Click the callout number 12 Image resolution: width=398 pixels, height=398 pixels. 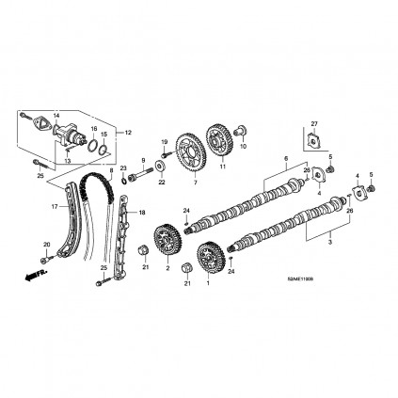[130, 131]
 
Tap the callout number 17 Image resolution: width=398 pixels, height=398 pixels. [55, 206]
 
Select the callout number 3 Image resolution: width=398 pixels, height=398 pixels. [328, 243]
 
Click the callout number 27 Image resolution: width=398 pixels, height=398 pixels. [314, 121]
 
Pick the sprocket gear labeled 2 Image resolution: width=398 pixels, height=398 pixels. [167, 240]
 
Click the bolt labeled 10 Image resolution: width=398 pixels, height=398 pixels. [240, 129]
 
